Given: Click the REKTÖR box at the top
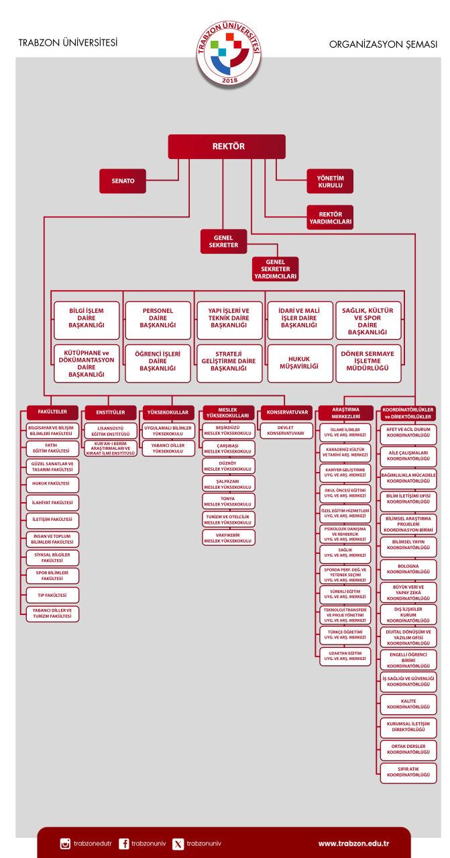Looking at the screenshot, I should (227, 146).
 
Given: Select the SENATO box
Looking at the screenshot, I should (123, 181).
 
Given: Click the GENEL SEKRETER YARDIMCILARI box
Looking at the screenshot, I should (276, 269).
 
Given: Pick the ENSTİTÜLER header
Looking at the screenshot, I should (110, 412).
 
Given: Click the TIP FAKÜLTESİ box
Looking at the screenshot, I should (52, 594).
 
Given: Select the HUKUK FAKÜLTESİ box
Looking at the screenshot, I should (52, 483).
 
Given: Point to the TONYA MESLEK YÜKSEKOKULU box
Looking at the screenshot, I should (227, 502).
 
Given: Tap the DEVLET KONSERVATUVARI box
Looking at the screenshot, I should (286, 430).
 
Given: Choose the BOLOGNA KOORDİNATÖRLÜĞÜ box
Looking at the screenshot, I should (408, 569).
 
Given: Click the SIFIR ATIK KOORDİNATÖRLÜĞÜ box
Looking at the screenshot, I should (408, 771).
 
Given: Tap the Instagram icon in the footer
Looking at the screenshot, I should (65, 843).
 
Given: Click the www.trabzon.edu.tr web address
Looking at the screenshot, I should (353, 843).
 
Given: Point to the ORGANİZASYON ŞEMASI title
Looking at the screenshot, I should (383, 45).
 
